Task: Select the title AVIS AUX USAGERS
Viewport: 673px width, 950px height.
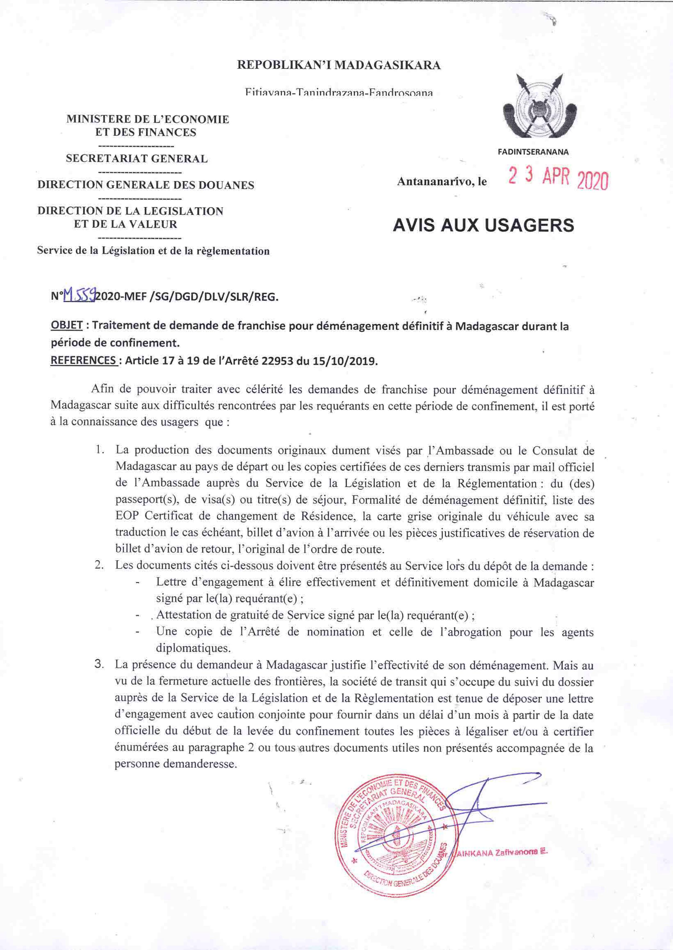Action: (483, 225)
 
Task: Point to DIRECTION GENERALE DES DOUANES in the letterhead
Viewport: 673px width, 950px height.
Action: (146, 185)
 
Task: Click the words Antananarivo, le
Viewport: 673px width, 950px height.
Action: (442, 181)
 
